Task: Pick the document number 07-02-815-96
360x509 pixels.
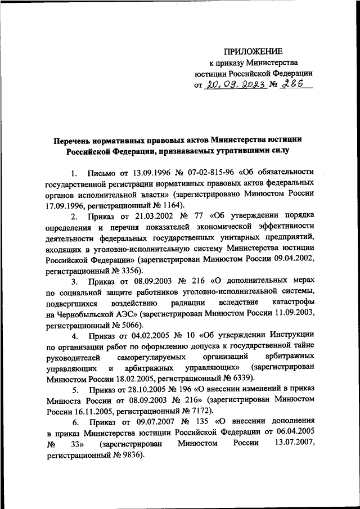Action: click(x=209, y=172)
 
